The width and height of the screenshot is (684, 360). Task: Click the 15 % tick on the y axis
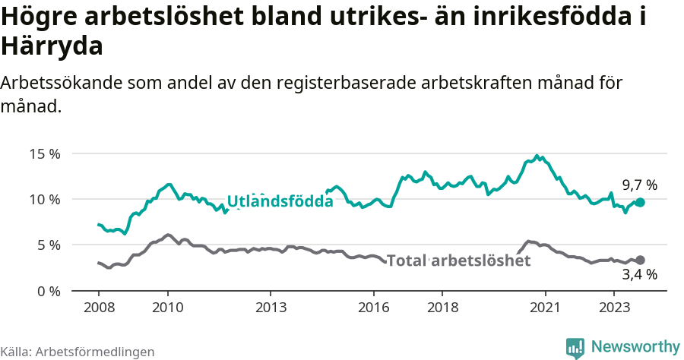[44, 153]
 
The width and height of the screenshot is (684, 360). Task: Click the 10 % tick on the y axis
[44, 199]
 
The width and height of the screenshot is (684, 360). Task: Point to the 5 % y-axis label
[48, 245]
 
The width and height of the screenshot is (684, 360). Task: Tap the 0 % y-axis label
[48, 291]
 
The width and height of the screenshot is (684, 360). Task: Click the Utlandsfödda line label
[280, 201]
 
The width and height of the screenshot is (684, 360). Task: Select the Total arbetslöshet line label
[458, 261]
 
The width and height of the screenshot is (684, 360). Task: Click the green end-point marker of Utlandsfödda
[640, 202]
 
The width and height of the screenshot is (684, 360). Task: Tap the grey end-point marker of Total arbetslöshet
[640, 260]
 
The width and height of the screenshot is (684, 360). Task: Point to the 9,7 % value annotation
[639, 185]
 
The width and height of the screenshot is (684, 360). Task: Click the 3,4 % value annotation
[639, 275]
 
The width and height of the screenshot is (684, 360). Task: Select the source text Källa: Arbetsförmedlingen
[78, 352]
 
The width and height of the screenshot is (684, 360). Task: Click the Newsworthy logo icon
[575, 347]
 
